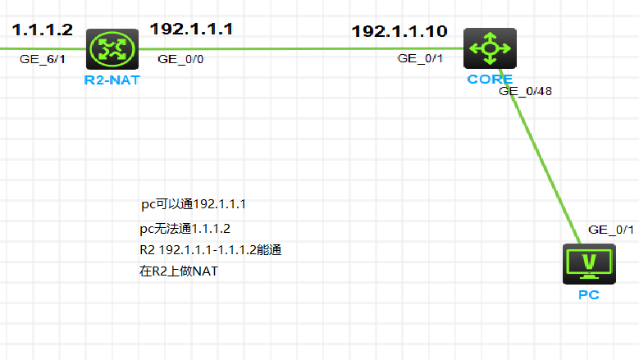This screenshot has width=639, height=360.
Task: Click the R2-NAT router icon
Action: coord(107,48)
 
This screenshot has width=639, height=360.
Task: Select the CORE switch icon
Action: coord(490,48)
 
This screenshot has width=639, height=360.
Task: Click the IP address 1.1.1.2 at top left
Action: coord(43,30)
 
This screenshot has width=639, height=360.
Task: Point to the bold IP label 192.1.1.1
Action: coord(191,30)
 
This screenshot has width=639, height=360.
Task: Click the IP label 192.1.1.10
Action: coord(399,32)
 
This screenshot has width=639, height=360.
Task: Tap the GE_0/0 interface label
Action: coord(181,59)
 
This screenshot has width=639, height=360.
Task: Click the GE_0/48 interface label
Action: coord(525,91)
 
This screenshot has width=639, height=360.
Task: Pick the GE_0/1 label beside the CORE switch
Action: coord(421,59)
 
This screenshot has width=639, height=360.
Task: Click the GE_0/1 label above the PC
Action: coord(611,230)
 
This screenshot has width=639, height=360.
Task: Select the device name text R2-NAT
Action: coord(107,80)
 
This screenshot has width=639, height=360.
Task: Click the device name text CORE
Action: coord(490,80)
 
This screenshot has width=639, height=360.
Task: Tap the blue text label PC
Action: coord(588,294)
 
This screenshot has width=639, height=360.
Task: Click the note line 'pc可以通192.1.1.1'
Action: coord(194,204)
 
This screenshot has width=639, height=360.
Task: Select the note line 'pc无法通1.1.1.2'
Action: coord(185,229)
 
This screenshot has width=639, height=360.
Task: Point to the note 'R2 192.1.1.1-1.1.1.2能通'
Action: coord(211,249)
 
